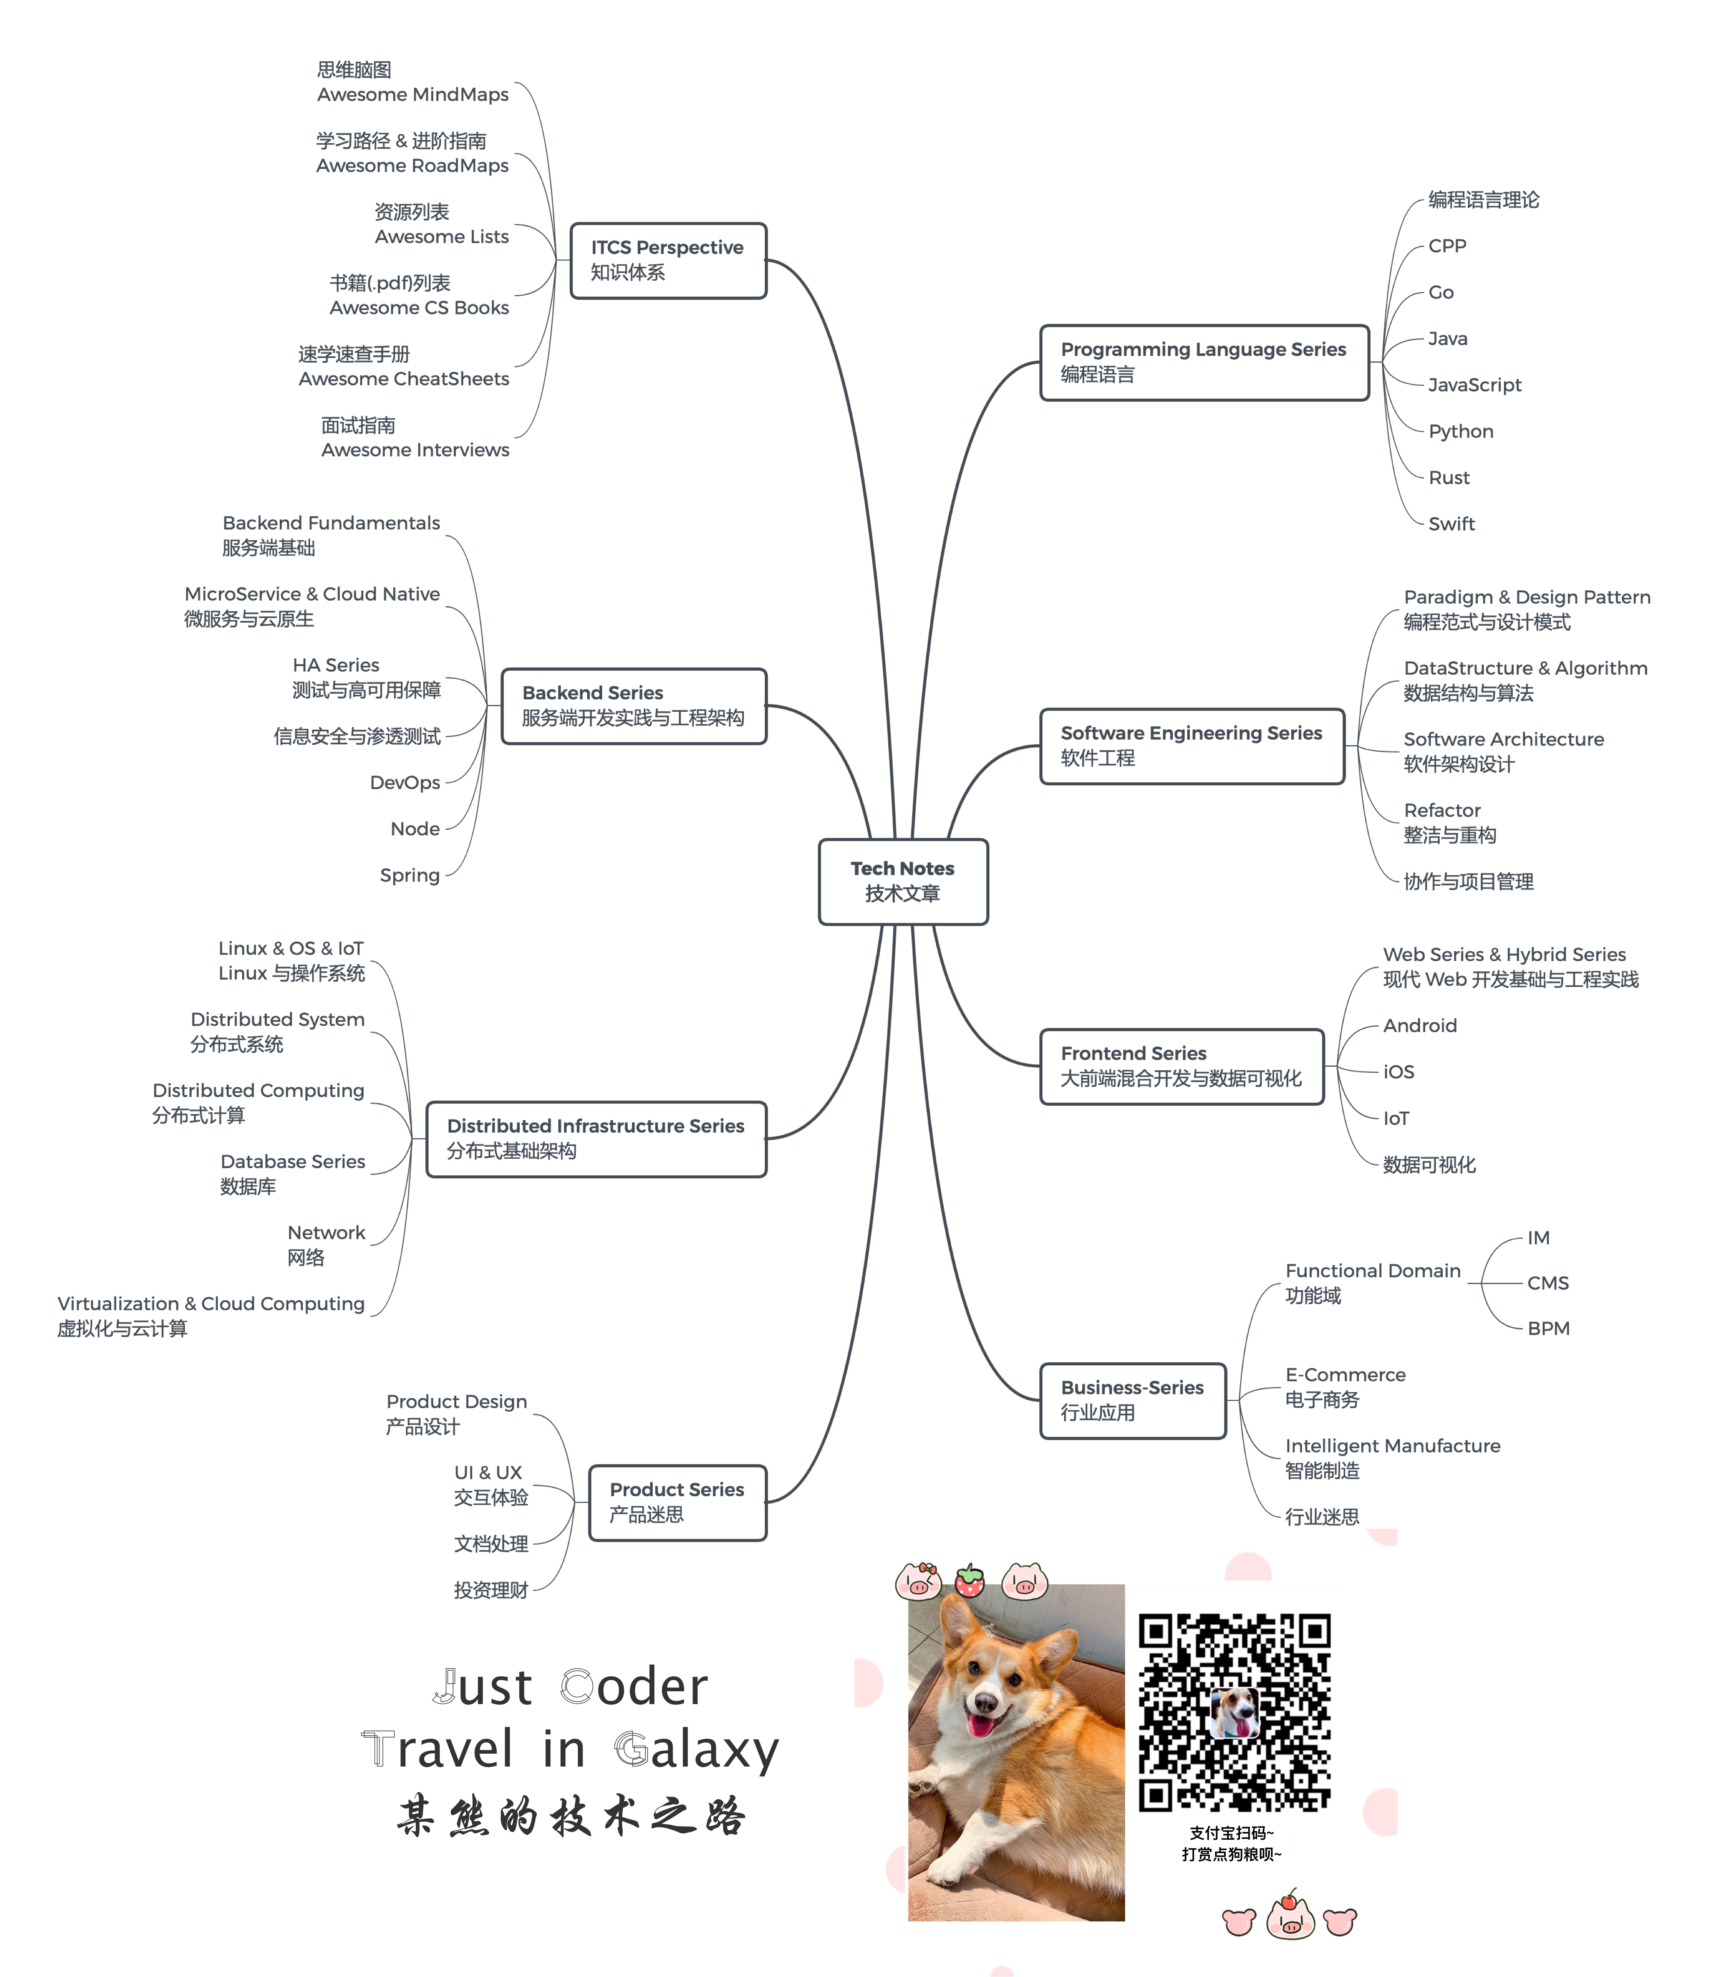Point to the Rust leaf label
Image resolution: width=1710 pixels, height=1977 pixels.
point(1449,477)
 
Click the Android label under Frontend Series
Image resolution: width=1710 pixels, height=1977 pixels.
point(1420,1026)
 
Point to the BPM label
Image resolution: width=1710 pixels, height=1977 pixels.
point(1548,1328)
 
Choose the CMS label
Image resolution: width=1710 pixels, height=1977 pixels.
point(1548,1283)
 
